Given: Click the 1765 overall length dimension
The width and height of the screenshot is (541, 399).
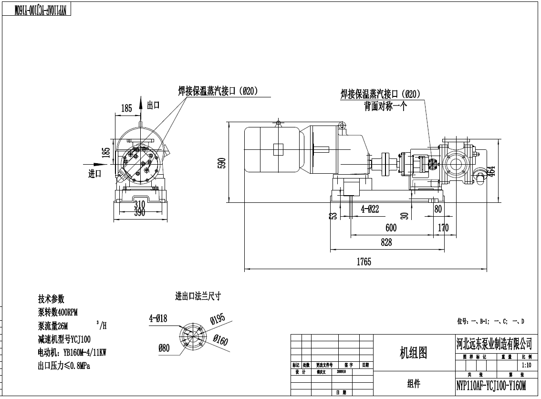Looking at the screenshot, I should (x=363, y=262).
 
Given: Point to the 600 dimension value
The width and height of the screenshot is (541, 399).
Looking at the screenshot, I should (x=391, y=228).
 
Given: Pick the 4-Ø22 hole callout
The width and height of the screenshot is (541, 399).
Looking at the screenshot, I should (x=370, y=209).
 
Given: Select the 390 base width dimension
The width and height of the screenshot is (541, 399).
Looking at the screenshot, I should (x=139, y=212).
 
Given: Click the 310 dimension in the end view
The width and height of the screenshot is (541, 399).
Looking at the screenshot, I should (x=139, y=205).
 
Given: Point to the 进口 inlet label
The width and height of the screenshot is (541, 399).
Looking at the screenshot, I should (x=95, y=174).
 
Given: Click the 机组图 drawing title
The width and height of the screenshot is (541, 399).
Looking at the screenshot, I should (x=413, y=352).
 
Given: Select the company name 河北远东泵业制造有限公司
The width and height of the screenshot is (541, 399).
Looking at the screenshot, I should (x=494, y=343).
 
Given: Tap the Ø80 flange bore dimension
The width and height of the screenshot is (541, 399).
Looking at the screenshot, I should (x=164, y=348).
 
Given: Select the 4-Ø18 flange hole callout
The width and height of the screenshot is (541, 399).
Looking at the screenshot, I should (x=158, y=318).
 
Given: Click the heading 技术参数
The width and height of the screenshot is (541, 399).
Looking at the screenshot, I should (x=51, y=299).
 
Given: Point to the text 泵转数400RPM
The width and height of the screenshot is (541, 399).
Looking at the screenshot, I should (x=58, y=312).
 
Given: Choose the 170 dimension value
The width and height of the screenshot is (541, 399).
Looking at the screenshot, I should (x=443, y=228).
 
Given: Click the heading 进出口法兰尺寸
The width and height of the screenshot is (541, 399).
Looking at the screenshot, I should (x=198, y=296).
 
